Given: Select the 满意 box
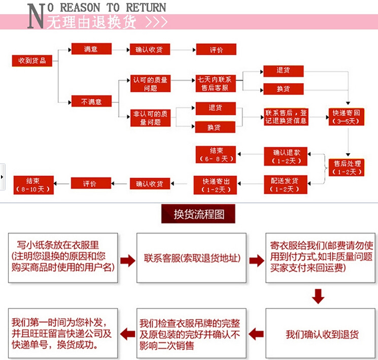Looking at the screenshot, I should [x=91, y=49].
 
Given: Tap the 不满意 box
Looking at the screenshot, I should [x=91, y=102].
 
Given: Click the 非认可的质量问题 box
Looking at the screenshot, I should [x=150, y=118].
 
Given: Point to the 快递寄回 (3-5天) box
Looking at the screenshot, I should [x=346, y=117].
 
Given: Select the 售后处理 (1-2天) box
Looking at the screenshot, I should [x=347, y=168].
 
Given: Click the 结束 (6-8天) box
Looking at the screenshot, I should [x=216, y=154].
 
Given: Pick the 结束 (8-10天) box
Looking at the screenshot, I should [x=33, y=184].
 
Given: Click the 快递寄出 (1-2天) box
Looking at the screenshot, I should [x=216, y=185].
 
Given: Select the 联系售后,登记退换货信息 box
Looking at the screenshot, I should [x=286, y=117].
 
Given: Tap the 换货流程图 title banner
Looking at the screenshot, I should [x=198, y=214].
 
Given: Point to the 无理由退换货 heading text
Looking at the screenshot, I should [x=91, y=23].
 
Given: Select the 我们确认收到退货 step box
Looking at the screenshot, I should [x=322, y=335].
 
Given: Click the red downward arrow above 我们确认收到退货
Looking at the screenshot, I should [x=318, y=296].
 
